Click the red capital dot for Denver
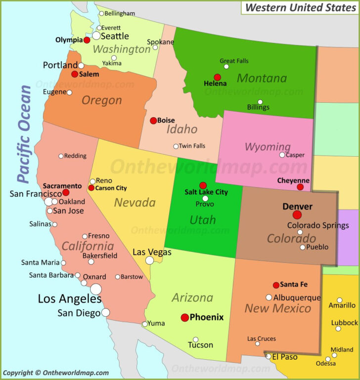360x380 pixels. (x=297, y=215)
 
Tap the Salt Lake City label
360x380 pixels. (x=206, y=192)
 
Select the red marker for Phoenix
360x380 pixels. (x=185, y=317)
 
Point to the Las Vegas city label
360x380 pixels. (x=152, y=252)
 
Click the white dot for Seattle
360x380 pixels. (x=96, y=36)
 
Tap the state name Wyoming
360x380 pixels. (x=268, y=147)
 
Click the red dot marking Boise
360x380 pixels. (x=153, y=120)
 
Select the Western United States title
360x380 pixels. (x=300, y=7)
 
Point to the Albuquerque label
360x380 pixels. (x=297, y=297)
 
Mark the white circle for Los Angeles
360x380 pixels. (x=96, y=289)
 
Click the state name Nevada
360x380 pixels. (x=135, y=202)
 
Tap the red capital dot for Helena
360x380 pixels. (x=217, y=77)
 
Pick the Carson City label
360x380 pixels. (x=111, y=188)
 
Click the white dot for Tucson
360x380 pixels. (x=195, y=339)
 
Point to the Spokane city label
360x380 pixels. (x=161, y=42)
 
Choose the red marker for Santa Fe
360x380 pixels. (x=276, y=285)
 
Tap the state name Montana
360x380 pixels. (x=262, y=78)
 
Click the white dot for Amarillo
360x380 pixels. (x=339, y=300)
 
